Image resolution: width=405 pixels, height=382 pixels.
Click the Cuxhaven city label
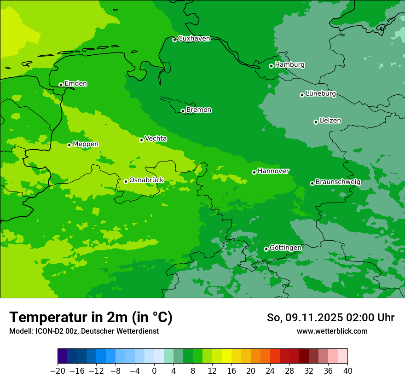point(194,39)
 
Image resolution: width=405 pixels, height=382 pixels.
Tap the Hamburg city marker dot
point(272,66)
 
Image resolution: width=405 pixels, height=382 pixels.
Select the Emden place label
point(75,84)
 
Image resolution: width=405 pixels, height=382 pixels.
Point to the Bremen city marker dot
point(183,111)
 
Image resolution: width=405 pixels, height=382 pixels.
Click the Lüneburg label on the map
point(320,94)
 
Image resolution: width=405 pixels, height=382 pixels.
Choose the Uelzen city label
point(330,121)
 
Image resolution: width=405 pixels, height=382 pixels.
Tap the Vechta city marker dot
point(141,140)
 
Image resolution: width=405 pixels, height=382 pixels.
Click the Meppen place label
point(86,145)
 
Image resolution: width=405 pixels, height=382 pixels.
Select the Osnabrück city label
point(146,180)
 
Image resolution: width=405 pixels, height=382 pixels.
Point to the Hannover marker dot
point(254,172)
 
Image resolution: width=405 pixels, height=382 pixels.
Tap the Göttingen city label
point(285,248)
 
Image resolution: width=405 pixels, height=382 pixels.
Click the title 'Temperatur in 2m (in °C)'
point(91,318)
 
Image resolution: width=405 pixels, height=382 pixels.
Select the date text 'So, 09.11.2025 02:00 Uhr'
point(330,318)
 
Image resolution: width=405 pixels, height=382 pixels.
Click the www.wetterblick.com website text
point(332,331)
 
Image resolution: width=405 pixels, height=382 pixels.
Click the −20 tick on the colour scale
point(58,371)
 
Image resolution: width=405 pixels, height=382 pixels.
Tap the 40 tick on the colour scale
point(347,371)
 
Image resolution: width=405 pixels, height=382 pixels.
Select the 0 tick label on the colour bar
point(154,371)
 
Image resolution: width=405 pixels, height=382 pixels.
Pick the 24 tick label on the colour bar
point(270,371)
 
